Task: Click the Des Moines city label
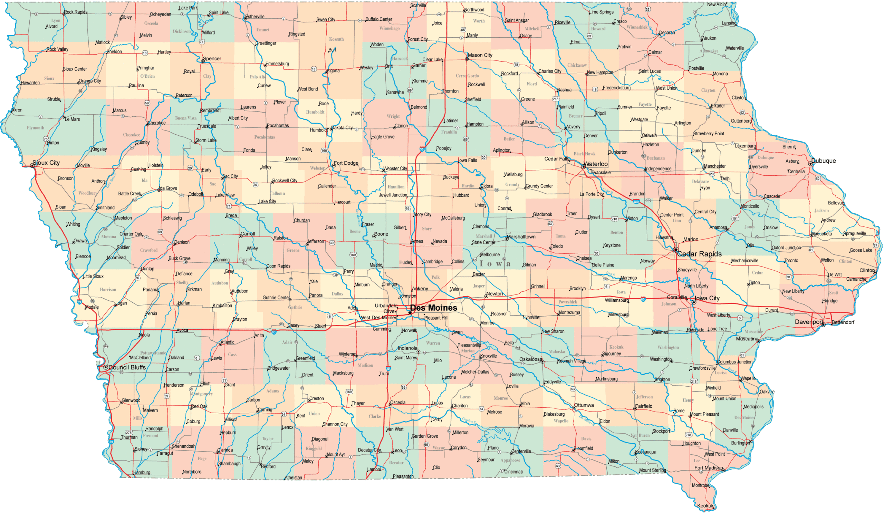434,308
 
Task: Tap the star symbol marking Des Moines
410,312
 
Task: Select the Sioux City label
46,163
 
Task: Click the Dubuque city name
823,161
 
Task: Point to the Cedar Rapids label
699,254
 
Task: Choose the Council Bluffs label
127,367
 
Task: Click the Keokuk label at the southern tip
705,506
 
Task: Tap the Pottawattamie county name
153,353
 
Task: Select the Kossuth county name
336,39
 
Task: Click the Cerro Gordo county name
467,76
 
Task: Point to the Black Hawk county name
584,154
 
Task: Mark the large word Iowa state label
495,264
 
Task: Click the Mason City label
480,55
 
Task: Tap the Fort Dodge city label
346,163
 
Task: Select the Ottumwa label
584,405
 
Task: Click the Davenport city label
809,321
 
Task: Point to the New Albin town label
716,4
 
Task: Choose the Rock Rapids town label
76,12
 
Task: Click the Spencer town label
212,59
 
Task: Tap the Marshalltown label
521,237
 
